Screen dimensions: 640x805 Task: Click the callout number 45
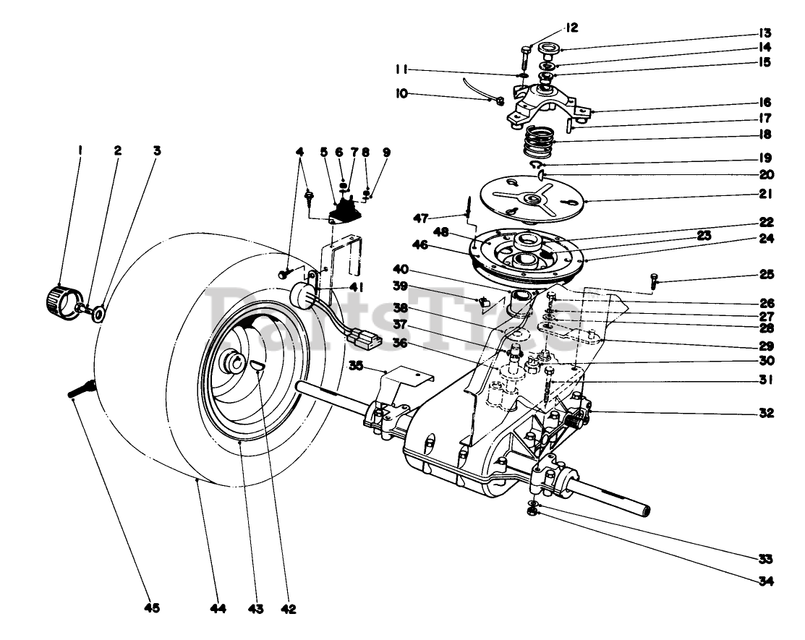point(150,608)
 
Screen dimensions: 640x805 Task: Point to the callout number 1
point(80,150)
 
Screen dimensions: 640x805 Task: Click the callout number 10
point(400,94)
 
